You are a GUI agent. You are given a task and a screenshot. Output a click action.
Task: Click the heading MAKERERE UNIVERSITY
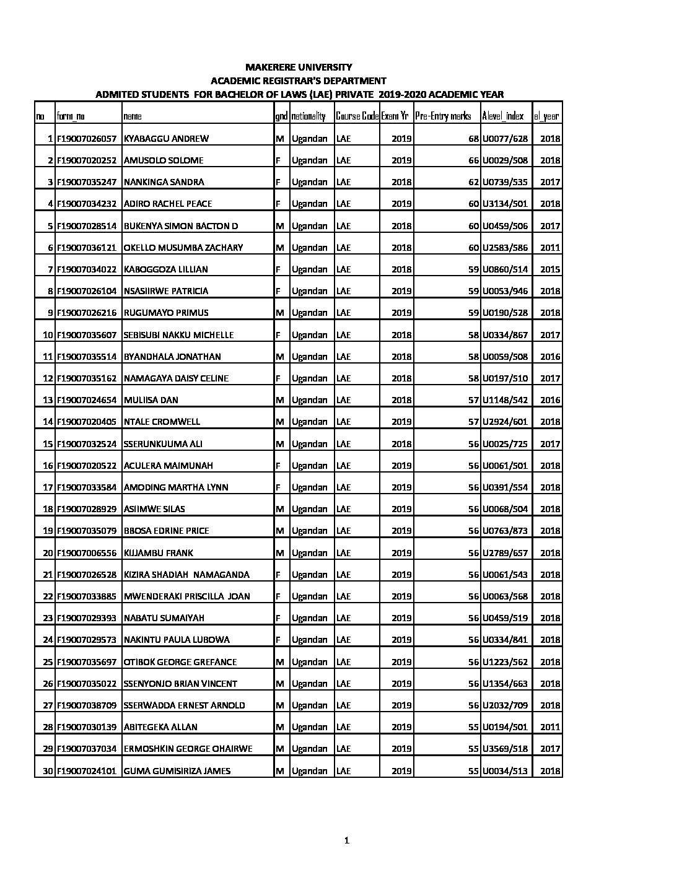click(x=299, y=67)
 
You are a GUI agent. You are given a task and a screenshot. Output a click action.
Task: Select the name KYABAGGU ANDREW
click(x=166, y=139)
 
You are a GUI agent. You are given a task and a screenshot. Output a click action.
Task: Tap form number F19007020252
click(x=86, y=160)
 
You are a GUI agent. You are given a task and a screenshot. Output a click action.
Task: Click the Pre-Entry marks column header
click(x=443, y=116)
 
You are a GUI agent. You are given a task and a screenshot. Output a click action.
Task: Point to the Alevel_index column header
click(x=502, y=116)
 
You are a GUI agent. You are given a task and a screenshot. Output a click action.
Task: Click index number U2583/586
click(x=505, y=248)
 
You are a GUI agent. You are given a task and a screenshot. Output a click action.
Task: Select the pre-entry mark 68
click(x=474, y=139)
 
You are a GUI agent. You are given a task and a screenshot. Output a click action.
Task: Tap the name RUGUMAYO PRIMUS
click(x=166, y=313)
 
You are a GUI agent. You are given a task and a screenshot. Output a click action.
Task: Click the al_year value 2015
click(x=549, y=269)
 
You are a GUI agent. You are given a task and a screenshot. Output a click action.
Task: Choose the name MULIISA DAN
click(x=151, y=400)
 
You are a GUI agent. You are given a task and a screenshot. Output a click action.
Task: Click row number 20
click(x=48, y=552)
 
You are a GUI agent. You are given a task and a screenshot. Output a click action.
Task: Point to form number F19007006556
click(x=86, y=552)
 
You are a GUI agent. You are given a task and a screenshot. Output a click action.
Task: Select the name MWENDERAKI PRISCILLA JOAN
click(x=186, y=596)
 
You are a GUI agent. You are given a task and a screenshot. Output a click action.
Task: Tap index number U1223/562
click(x=505, y=662)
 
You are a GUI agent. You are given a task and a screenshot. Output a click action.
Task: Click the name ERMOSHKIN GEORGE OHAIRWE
click(x=188, y=749)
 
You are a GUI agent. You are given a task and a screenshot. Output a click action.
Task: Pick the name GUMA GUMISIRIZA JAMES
click(x=177, y=771)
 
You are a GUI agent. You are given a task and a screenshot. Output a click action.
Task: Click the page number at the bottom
click(x=347, y=840)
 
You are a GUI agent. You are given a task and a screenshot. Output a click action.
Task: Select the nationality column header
click(x=309, y=116)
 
